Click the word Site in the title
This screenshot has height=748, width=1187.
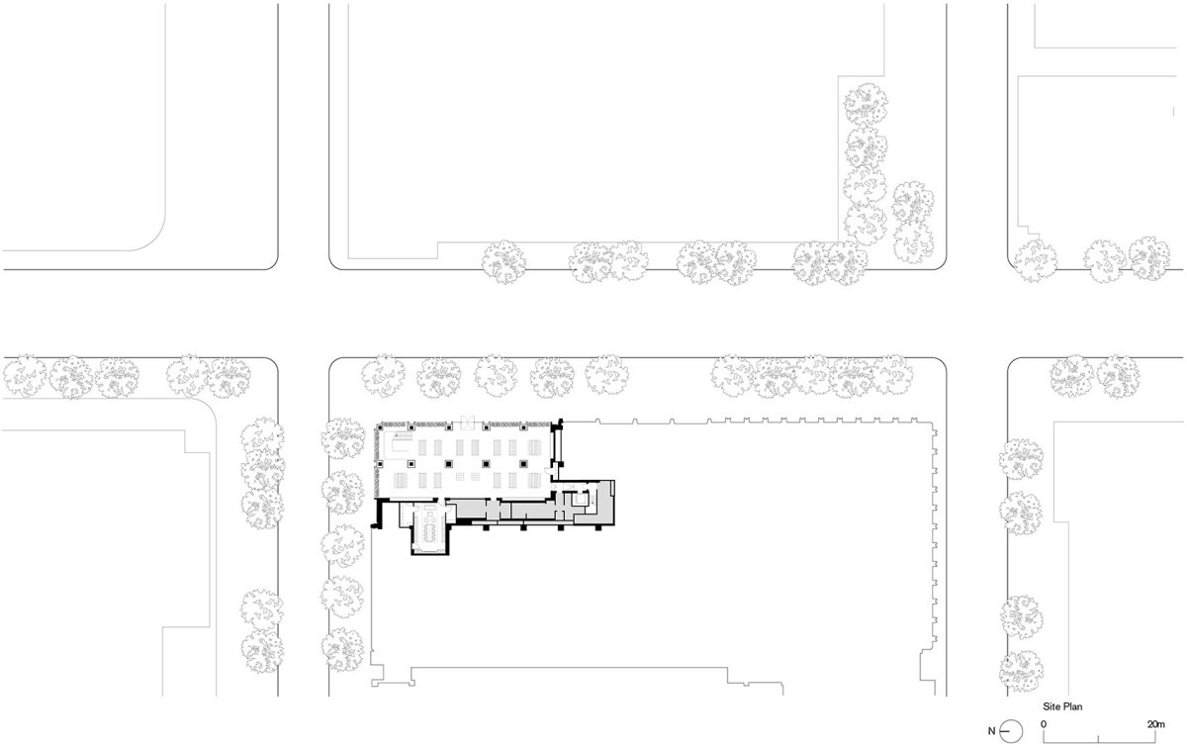[1050, 706]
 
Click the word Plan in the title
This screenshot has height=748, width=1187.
[1071, 706]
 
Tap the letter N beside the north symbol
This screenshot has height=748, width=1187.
[991, 731]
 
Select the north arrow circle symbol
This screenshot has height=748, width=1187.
[1012, 731]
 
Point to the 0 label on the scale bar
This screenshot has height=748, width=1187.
[1044, 724]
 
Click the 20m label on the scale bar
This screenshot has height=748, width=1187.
[1156, 724]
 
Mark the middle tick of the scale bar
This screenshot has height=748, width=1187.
[1098, 738]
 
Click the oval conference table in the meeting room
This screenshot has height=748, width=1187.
[429, 526]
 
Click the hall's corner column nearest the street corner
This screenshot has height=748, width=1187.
[380, 426]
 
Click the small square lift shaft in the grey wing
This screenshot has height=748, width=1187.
[582, 499]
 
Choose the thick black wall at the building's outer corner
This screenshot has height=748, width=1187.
[379, 514]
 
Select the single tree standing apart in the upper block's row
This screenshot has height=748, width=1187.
[503, 262]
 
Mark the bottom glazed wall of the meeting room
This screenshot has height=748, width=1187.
[429, 553]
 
